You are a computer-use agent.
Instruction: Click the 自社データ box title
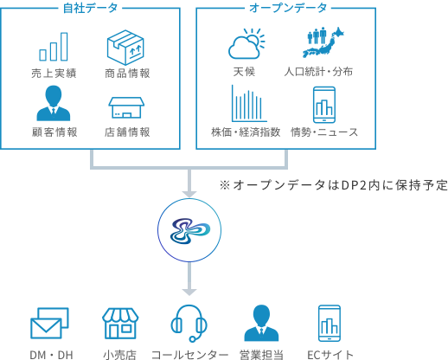[x=90, y=8]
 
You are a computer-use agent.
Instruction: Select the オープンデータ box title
[x=288, y=8]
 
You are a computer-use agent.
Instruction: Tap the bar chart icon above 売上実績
[x=54, y=47]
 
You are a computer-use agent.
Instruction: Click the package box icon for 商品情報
[x=125, y=48]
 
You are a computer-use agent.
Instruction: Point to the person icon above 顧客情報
[x=54, y=103]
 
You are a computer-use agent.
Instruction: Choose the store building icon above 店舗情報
[x=126, y=107]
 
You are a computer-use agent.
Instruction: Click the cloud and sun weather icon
[x=246, y=43]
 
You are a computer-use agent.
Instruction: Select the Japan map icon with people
[x=323, y=42]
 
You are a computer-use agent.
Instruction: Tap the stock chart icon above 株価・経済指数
[x=249, y=103]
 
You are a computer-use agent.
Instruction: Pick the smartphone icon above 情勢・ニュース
[x=324, y=105]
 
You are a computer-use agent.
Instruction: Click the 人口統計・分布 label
[x=318, y=72]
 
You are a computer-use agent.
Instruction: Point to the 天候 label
[x=244, y=72]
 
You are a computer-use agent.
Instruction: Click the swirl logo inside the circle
[x=189, y=231]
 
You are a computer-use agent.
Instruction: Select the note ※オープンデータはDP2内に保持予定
[x=334, y=185]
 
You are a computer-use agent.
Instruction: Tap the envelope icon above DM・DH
[x=49, y=323]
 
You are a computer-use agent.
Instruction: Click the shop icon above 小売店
[x=120, y=324]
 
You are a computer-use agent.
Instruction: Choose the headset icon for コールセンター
[x=189, y=324]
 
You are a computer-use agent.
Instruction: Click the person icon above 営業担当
[x=261, y=323]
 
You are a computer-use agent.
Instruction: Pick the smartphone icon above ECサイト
[x=330, y=324]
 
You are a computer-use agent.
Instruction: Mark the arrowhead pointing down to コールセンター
[x=189, y=292]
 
